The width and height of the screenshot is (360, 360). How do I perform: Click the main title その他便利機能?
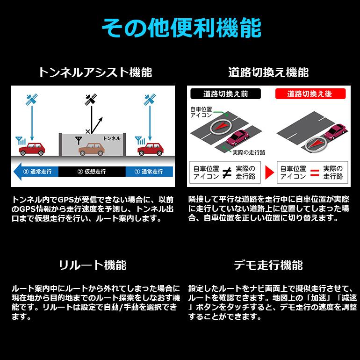pyautogui.click(x=181, y=29)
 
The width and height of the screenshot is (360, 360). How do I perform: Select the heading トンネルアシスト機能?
pyautogui.click(x=95, y=72)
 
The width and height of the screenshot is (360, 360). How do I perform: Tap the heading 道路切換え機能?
pyautogui.click(x=268, y=72)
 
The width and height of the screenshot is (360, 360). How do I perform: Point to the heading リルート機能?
pyautogui.click(x=93, y=265)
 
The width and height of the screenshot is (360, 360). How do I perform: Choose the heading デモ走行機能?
pyautogui.click(x=268, y=265)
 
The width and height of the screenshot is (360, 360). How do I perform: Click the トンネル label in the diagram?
pyautogui.click(x=111, y=138)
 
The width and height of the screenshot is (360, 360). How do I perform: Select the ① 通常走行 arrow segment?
pyautogui.click(x=149, y=171)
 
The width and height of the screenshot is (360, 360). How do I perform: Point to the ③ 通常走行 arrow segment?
pyautogui.click(x=36, y=171)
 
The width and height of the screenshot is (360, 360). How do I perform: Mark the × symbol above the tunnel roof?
pyautogui.click(x=87, y=131)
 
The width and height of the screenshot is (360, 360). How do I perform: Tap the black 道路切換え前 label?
pyautogui.click(x=226, y=94)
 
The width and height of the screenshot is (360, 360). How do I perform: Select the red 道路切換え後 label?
pyautogui.click(x=310, y=94)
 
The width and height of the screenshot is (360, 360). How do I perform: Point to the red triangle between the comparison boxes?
pyautogui.click(x=268, y=173)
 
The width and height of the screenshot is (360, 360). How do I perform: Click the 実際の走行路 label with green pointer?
pyautogui.click(x=243, y=152)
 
